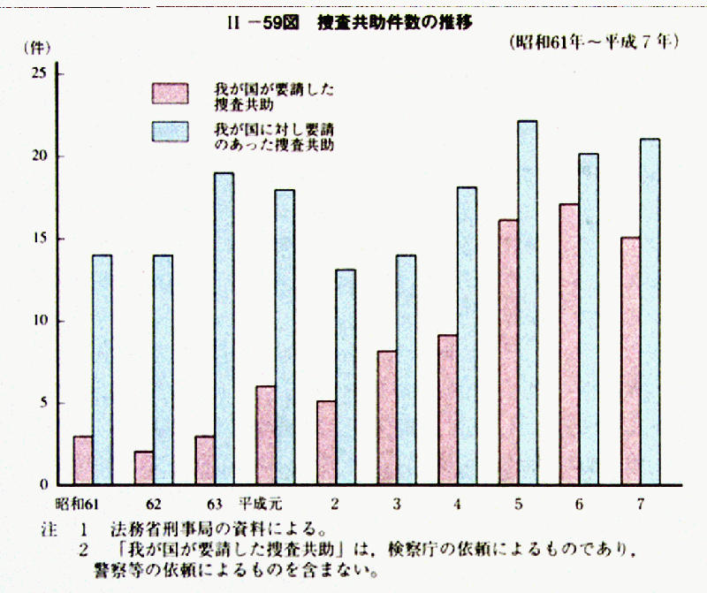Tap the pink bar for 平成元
265,436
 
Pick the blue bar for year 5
527,303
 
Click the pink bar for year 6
569,345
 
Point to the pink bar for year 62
143,468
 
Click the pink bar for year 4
447,410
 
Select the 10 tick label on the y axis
39,321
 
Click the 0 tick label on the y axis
42,485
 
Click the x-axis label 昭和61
75,506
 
